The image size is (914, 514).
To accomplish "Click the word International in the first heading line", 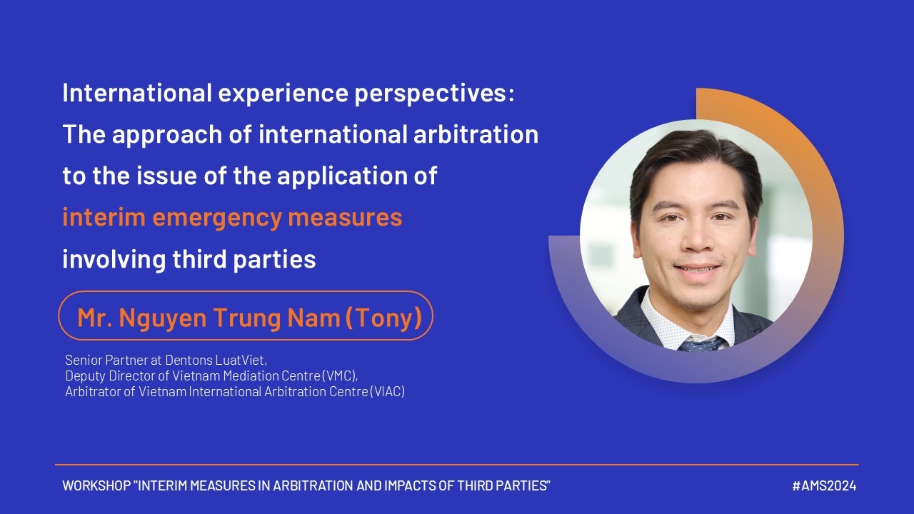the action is (137, 93).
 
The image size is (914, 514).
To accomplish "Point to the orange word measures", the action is (345, 218).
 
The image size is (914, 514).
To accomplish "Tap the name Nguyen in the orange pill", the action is (163, 318).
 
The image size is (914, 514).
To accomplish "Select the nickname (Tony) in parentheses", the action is (383, 318).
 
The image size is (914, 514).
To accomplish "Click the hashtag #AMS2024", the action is (824, 486).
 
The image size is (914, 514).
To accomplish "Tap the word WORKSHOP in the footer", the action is (96, 486).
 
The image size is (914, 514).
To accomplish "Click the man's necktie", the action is (700, 345).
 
